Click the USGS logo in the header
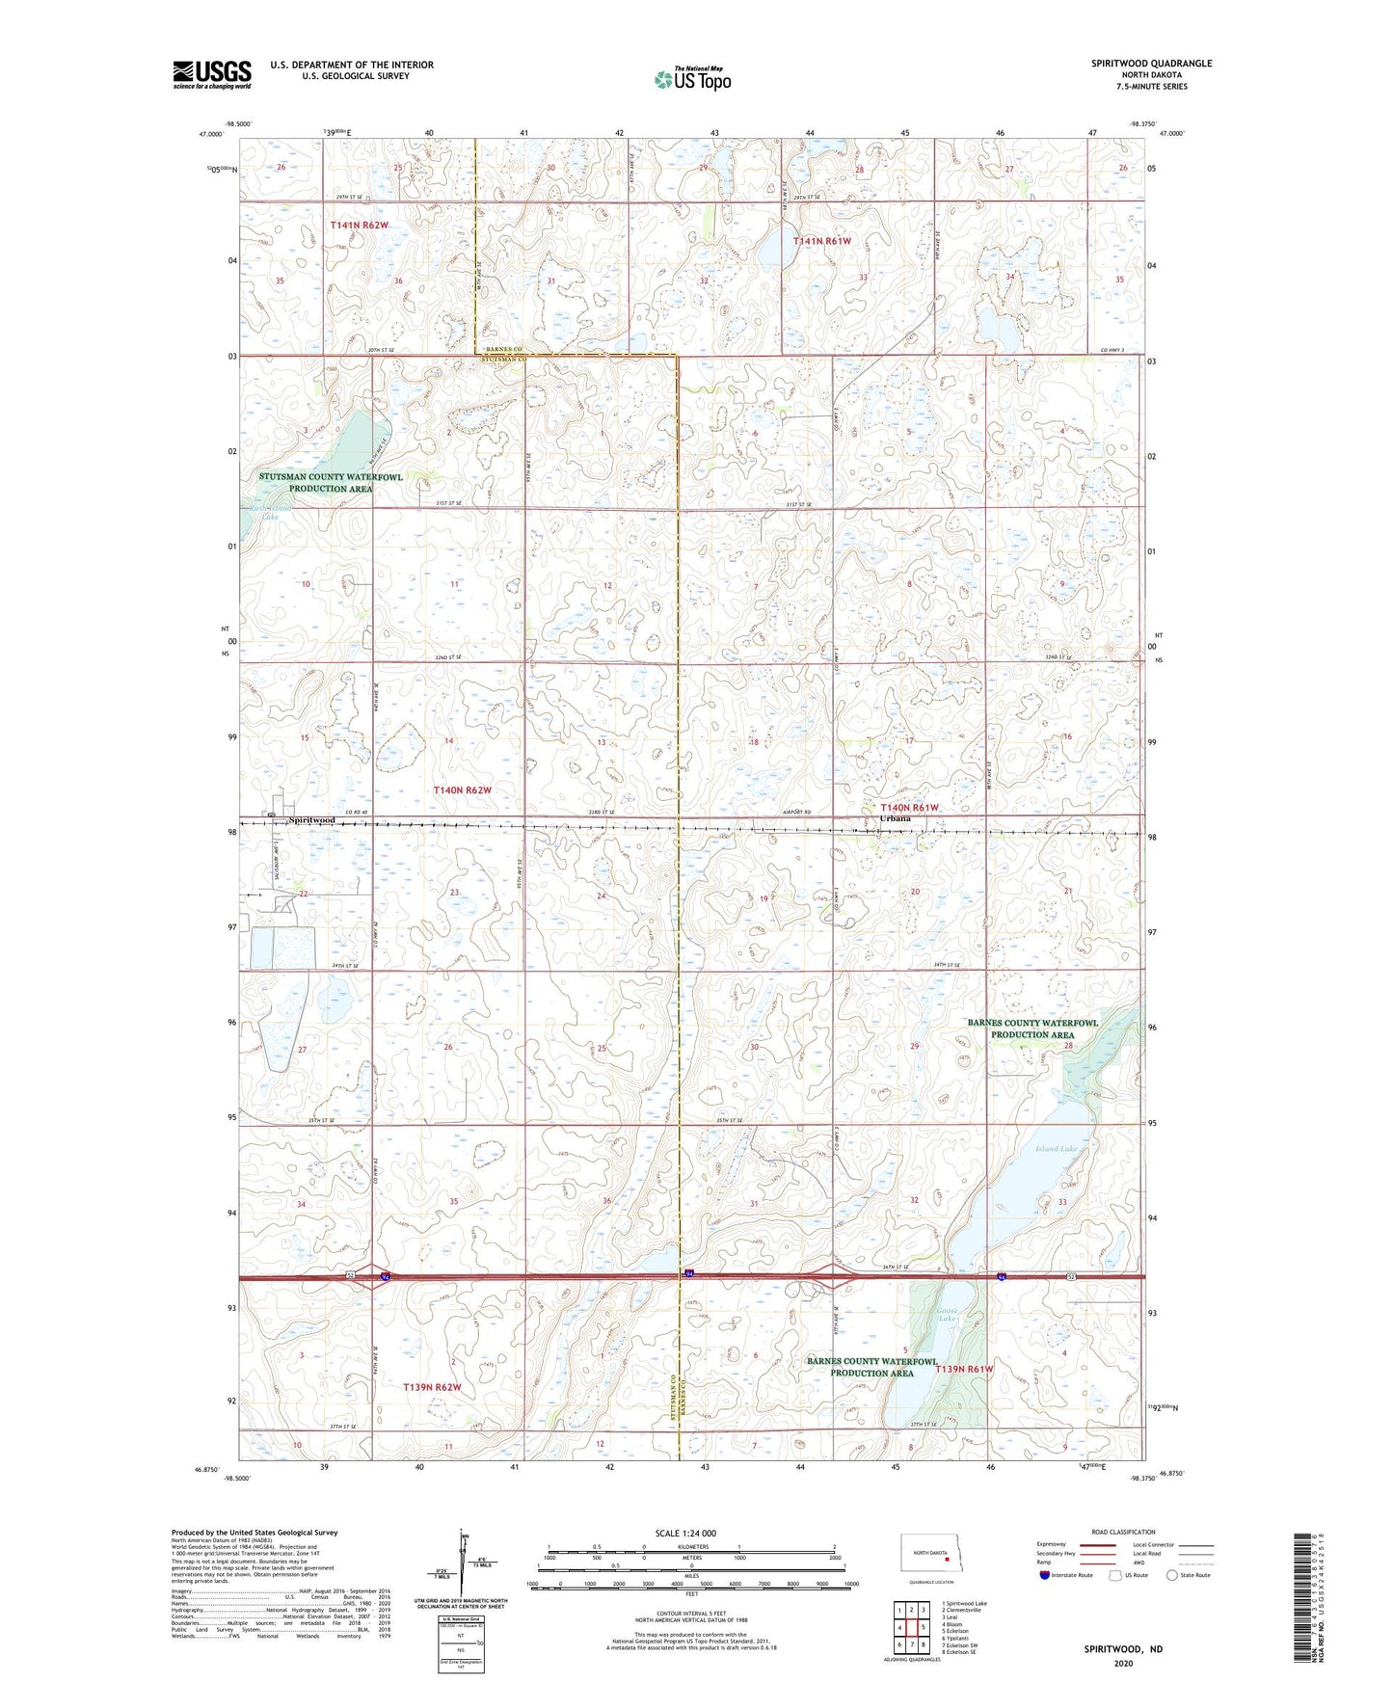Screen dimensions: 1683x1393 pos(211,74)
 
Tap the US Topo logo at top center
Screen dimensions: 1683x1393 pos(692,78)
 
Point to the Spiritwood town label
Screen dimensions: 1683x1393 pos(311,819)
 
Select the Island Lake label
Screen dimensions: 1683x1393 pos(1056,1149)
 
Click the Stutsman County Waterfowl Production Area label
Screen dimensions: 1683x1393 pos(331,483)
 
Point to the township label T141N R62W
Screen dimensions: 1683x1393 pos(359,226)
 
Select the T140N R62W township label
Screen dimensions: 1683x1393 pos(463,790)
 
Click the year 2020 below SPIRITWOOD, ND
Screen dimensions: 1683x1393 pos(1123,1663)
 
